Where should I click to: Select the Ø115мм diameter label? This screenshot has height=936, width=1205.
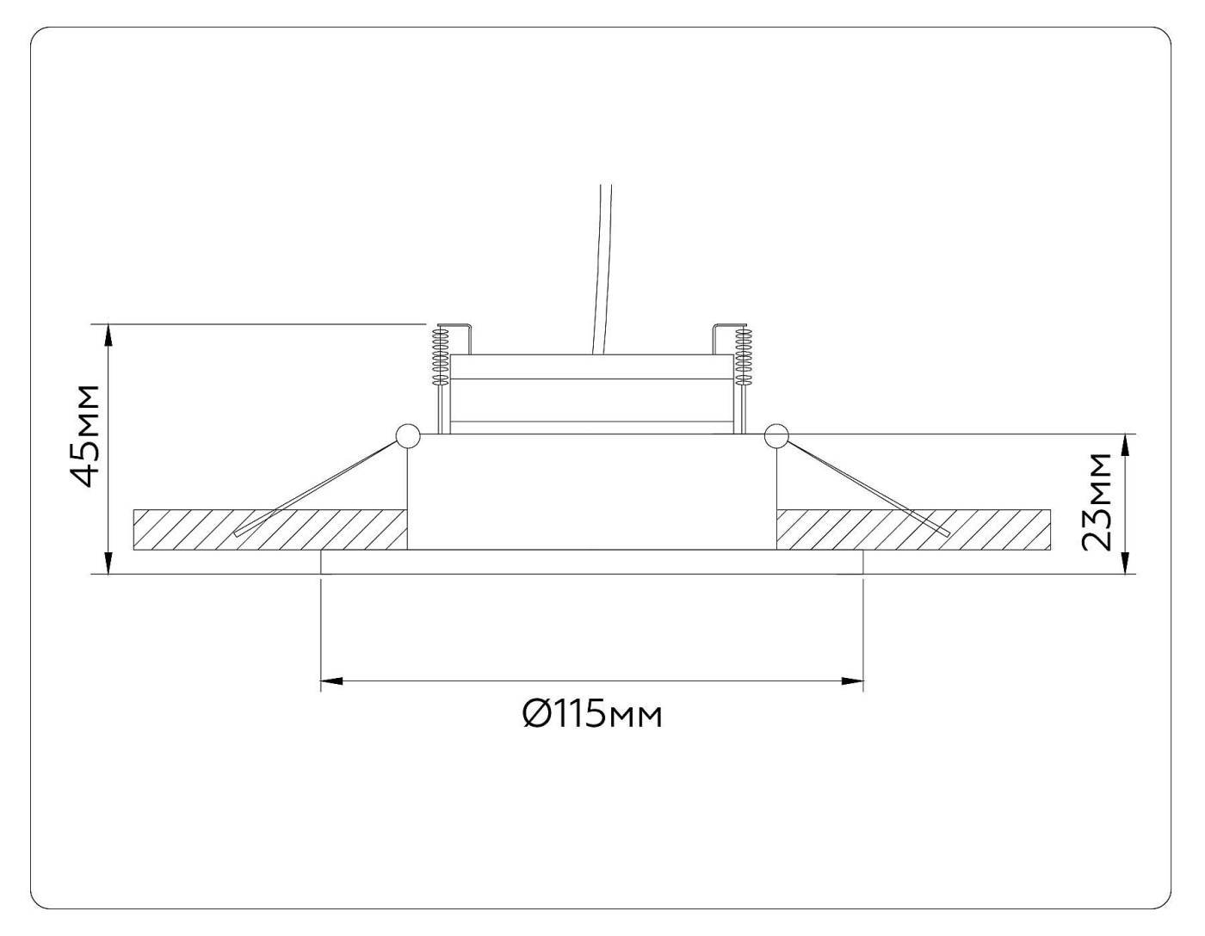[593, 713]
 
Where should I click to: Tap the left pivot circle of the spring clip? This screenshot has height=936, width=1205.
[406, 436]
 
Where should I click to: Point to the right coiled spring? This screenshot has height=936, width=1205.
[743, 354]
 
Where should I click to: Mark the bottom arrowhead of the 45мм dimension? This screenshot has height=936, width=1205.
[108, 564]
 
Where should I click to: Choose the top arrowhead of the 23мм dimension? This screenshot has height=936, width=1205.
[1125, 443]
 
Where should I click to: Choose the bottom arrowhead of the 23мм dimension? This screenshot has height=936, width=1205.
[1125, 564]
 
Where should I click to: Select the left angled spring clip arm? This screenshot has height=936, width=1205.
[318, 487]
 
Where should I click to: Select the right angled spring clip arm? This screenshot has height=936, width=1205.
[865, 487]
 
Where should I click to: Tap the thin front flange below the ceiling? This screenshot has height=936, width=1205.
[591, 562]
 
